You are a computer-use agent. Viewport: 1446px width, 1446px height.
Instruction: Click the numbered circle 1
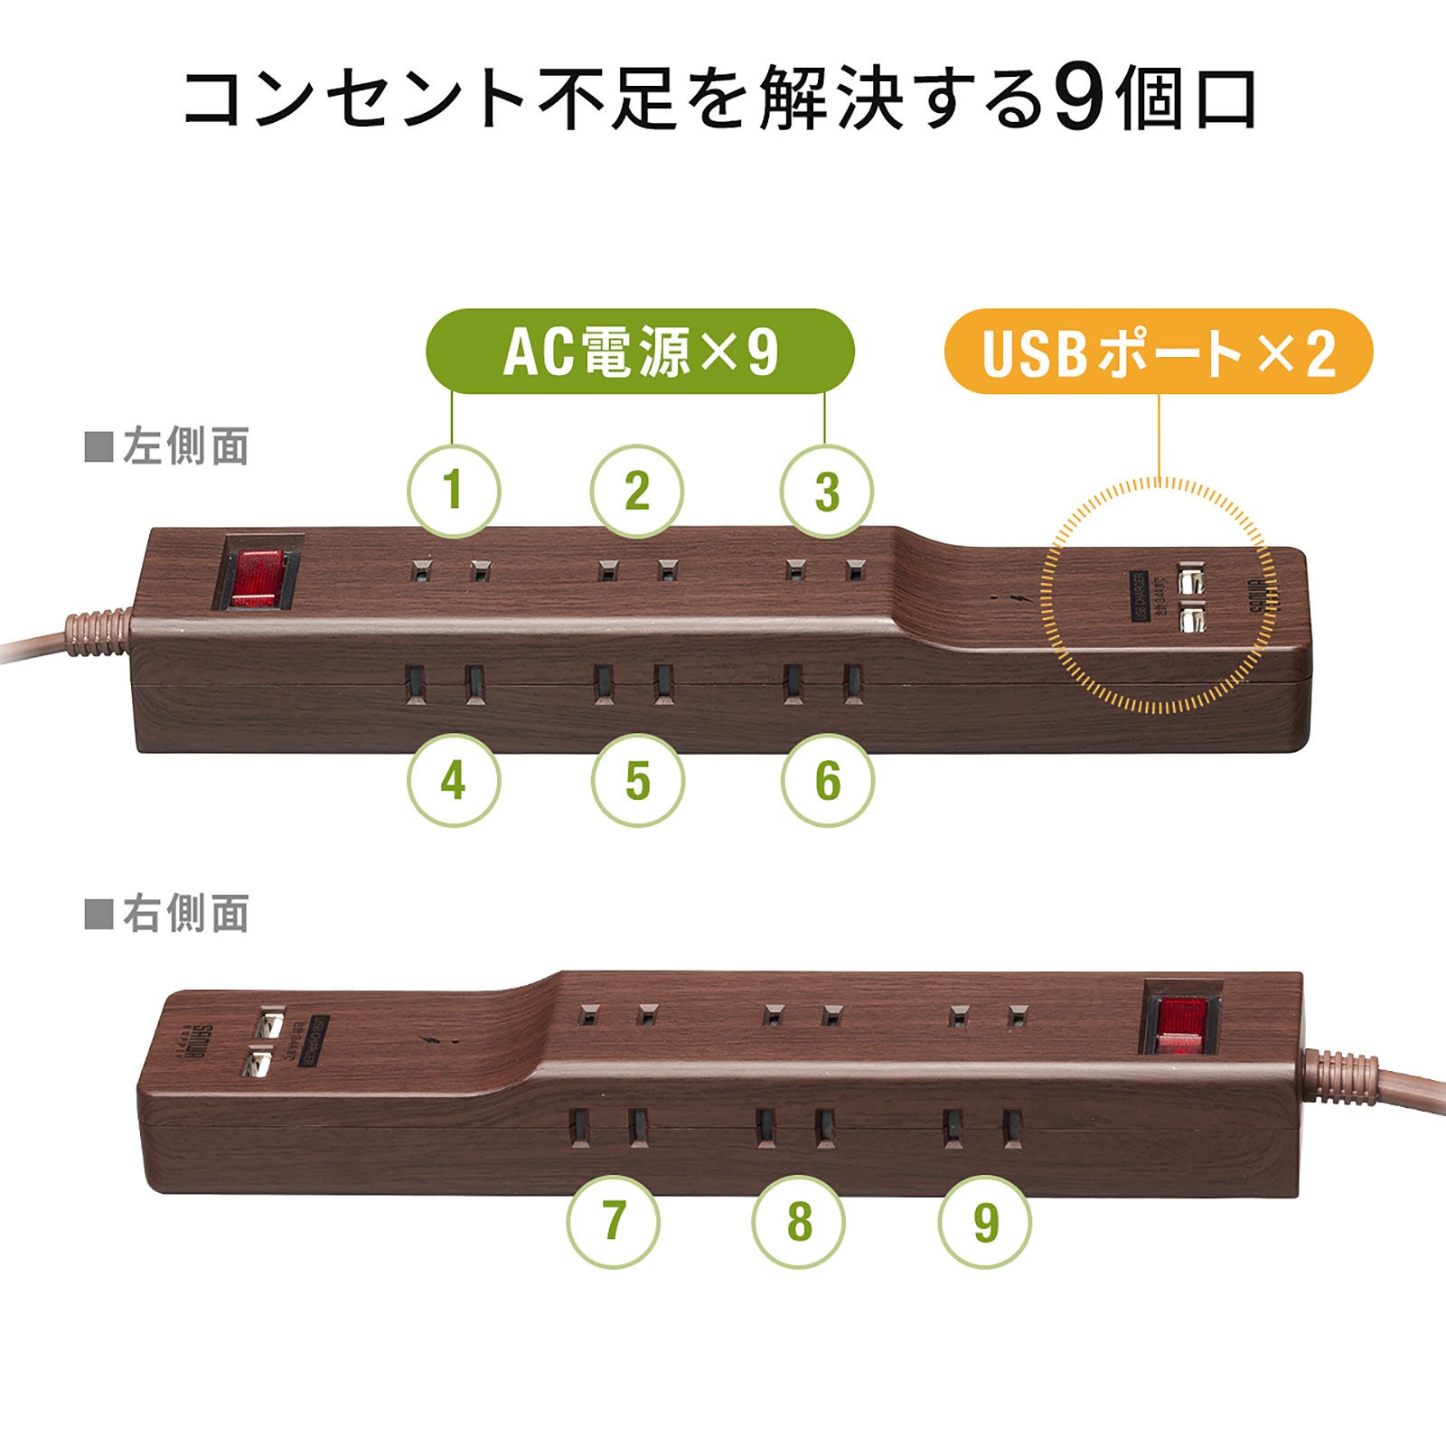454,492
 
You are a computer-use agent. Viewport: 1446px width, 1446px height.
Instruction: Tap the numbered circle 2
637,492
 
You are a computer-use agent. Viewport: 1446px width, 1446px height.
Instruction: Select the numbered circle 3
827,492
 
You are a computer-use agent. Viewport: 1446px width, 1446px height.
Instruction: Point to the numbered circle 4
454,780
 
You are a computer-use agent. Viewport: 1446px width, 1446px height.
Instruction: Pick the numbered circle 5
637,780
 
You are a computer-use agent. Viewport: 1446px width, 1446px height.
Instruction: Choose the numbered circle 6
827,780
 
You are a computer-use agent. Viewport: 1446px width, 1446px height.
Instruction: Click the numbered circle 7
614,1222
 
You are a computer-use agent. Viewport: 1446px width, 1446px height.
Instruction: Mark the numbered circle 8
799,1222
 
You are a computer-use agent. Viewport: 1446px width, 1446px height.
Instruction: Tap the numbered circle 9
985,1222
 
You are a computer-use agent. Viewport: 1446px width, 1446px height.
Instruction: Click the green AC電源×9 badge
640,352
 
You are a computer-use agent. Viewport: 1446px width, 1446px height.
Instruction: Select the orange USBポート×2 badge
1159,352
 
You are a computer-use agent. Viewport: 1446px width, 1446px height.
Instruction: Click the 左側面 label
168,447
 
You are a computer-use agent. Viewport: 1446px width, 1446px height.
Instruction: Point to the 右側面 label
168,915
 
